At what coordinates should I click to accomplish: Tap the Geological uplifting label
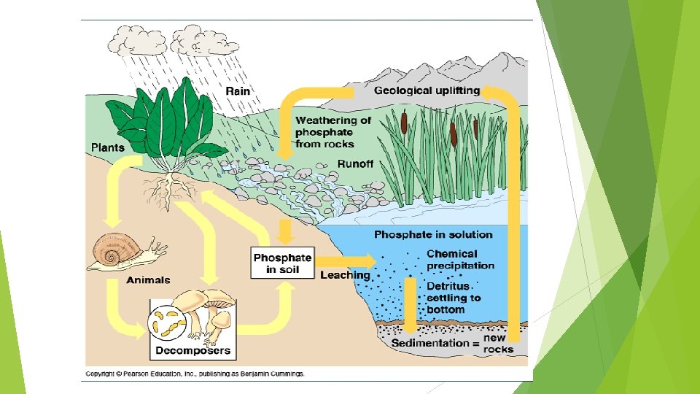click(427, 91)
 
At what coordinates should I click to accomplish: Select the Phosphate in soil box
click(282, 263)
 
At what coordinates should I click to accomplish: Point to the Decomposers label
click(192, 350)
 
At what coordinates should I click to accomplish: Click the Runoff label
click(355, 164)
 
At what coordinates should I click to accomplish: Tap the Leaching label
click(345, 275)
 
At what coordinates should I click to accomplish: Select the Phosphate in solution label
click(433, 235)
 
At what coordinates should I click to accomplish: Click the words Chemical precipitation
click(460, 260)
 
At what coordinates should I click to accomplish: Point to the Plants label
click(107, 147)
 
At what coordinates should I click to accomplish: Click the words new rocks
click(498, 344)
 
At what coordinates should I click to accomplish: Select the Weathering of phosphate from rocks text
click(332, 132)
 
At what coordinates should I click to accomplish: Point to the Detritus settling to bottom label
click(454, 298)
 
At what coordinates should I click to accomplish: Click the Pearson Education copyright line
click(195, 374)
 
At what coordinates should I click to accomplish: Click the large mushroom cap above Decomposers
click(197, 300)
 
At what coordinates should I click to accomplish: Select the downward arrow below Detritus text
click(411, 306)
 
